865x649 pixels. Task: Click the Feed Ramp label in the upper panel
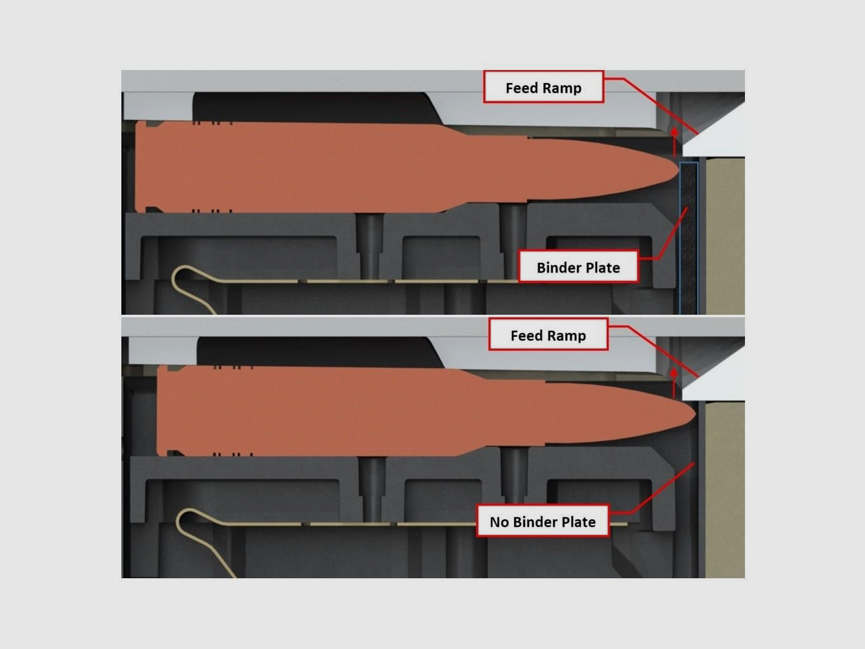click(543, 87)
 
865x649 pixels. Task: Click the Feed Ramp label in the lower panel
click(548, 334)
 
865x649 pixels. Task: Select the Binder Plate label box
click(578, 267)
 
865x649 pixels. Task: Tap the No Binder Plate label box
click(542, 521)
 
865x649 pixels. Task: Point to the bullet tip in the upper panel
click(679, 170)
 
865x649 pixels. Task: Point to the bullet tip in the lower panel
click(696, 414)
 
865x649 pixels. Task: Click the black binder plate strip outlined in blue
click(689, 238)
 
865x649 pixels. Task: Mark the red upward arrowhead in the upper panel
click(674, 132)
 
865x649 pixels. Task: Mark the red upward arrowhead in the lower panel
click(674, 373)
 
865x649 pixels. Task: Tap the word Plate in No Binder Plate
click(579, 522)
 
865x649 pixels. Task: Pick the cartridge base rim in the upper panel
click(140, 167)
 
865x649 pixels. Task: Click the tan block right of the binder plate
click(724, 236)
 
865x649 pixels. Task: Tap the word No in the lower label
click(499, 522)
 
